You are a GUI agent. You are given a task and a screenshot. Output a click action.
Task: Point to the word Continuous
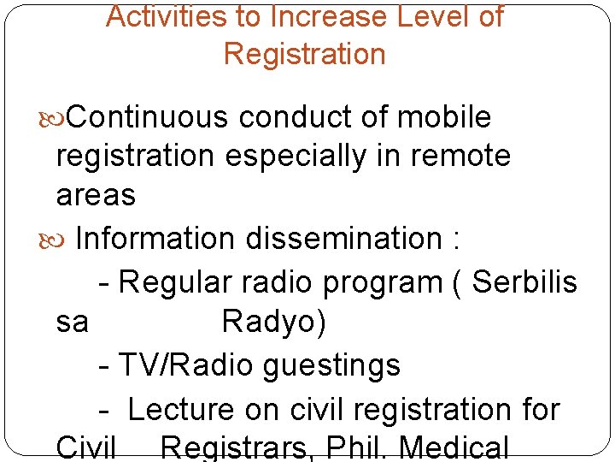[x=148, y=117]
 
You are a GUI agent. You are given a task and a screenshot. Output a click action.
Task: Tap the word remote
[x=458, y=157]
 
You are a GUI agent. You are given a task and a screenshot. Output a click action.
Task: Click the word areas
[x=96, y=195]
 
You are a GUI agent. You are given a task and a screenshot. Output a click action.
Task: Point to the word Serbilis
[x=524, y=281]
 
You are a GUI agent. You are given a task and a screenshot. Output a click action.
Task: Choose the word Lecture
[x=181, y=410]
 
